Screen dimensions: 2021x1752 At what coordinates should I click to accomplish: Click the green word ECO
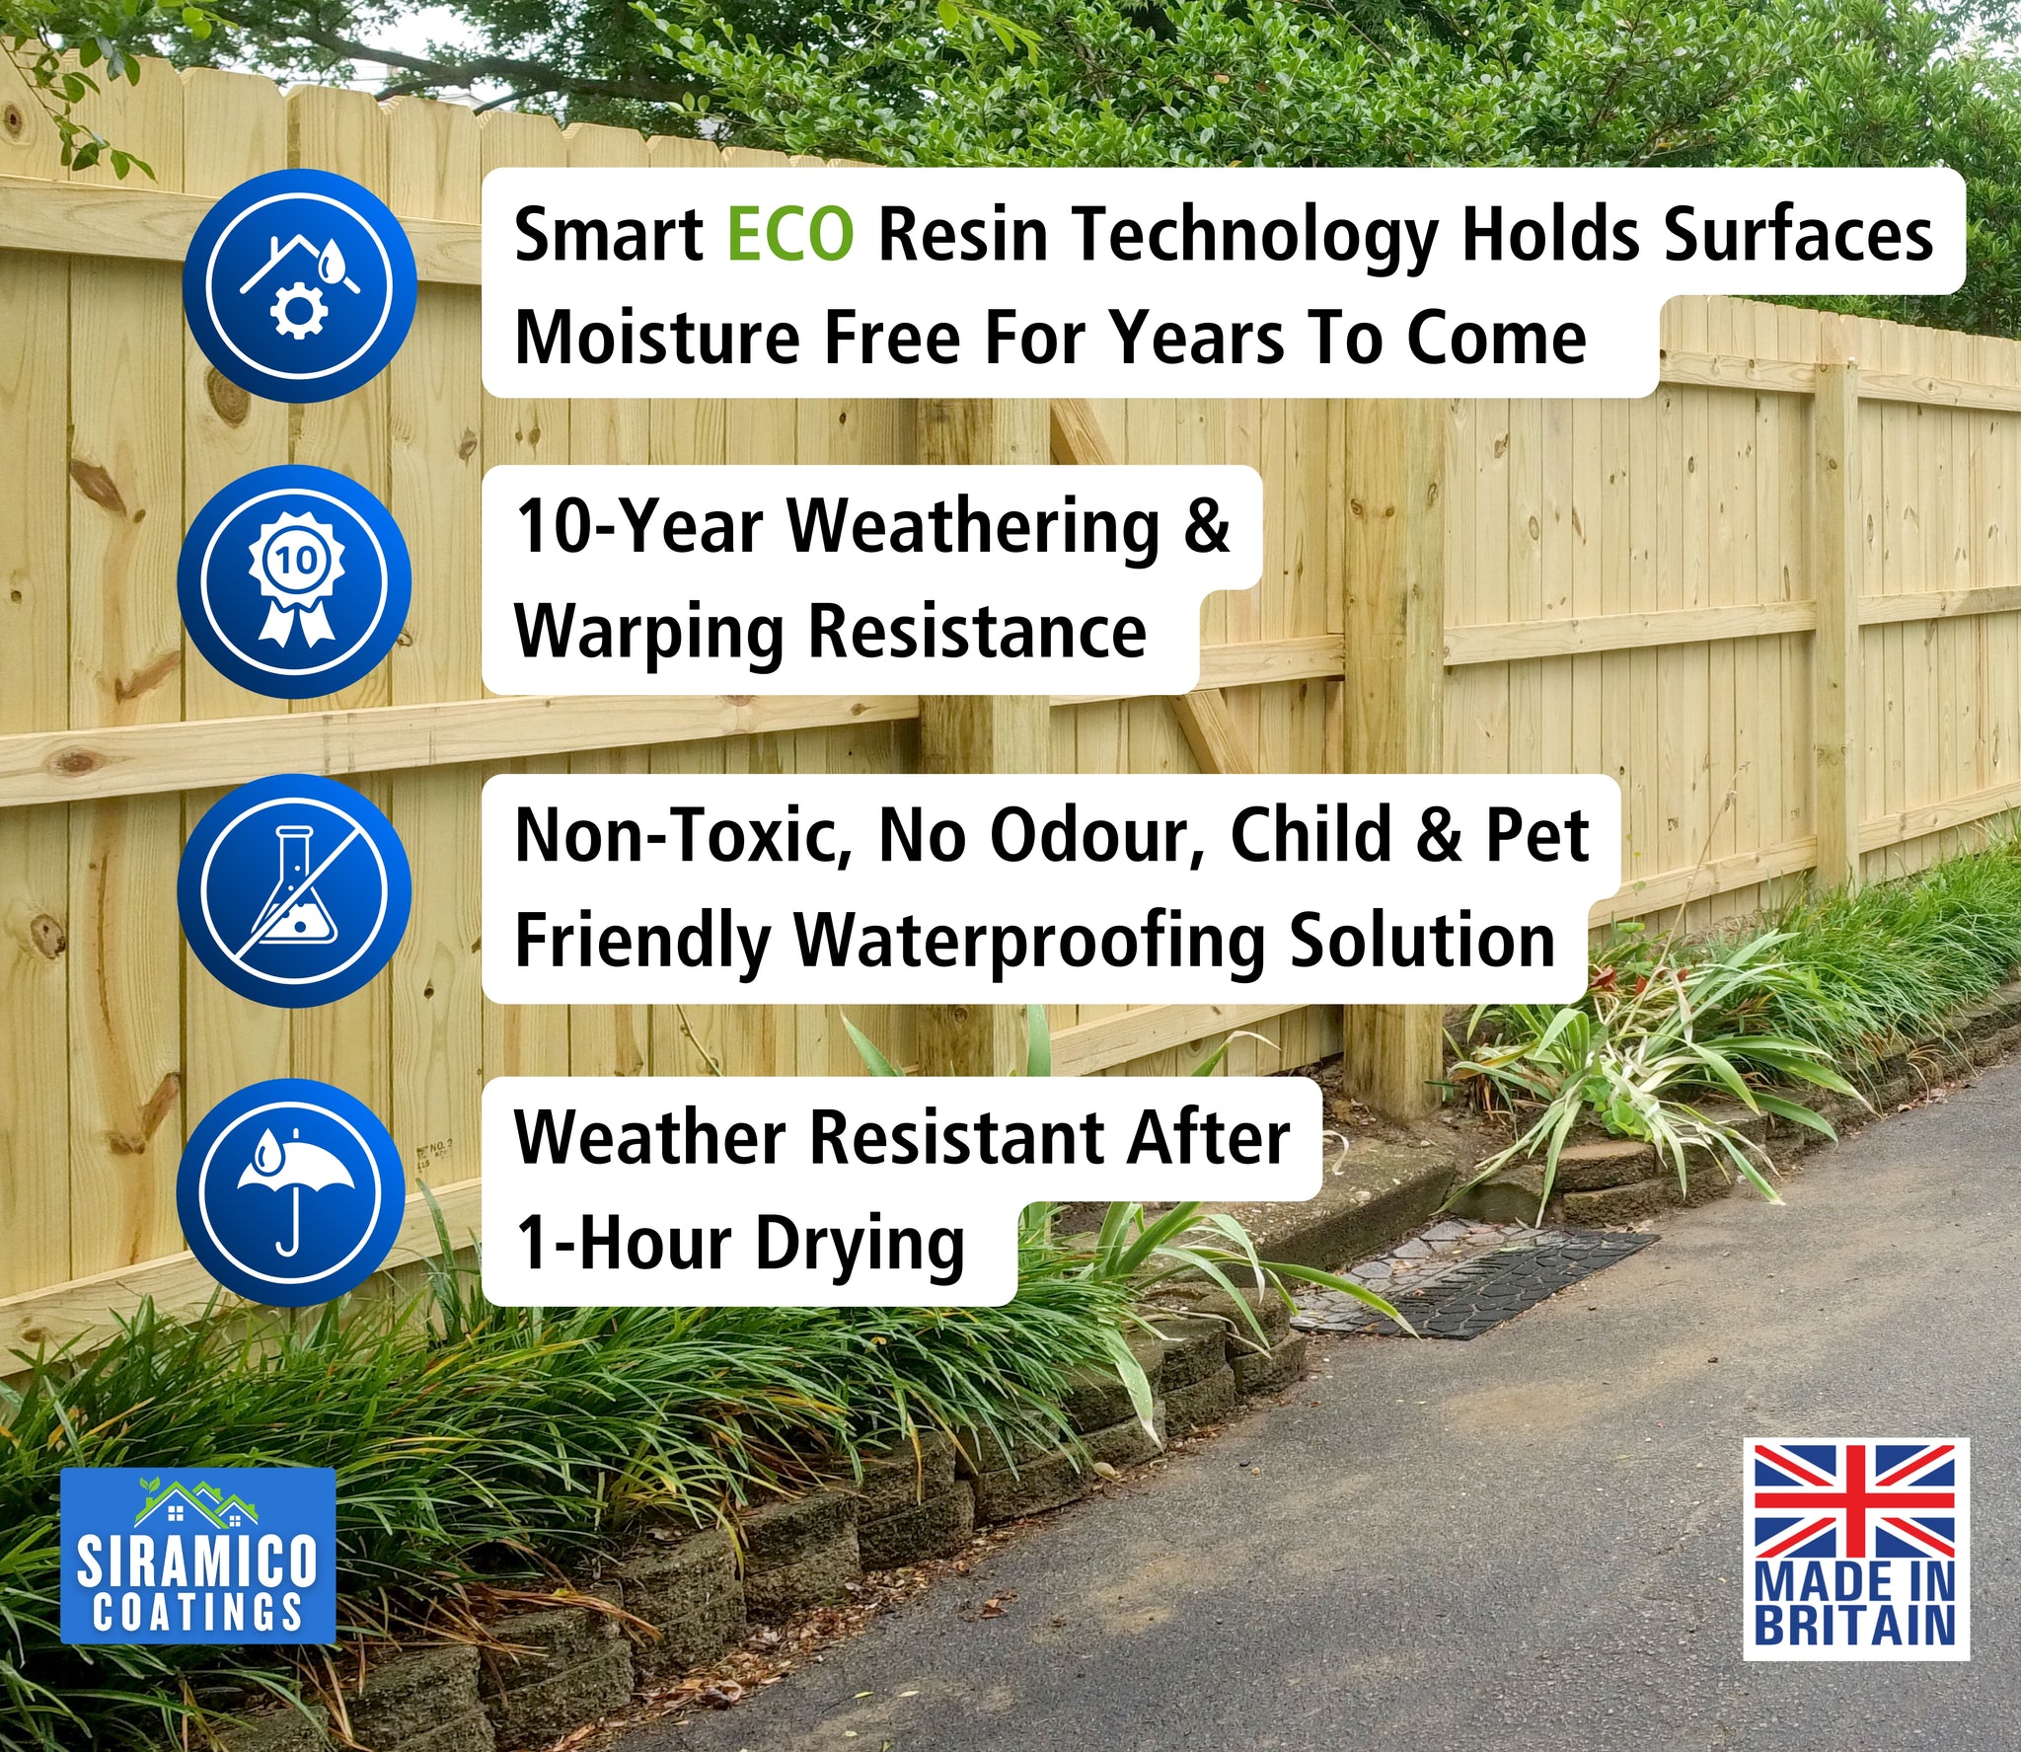(790, 235)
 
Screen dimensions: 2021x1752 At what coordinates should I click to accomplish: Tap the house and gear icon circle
(300, 285)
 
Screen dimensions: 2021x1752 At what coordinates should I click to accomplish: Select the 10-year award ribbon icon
(295, 581)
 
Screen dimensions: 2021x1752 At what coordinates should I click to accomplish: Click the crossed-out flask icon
(294, 890)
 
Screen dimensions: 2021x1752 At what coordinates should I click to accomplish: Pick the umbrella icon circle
(291, 1192)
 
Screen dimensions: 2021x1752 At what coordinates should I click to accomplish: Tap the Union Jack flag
(1854, 1500)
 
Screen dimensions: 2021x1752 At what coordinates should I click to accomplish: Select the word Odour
(1096, 835)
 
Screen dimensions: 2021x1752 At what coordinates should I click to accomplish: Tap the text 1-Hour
(623, 1242)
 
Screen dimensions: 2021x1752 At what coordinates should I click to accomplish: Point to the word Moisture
(657, 338)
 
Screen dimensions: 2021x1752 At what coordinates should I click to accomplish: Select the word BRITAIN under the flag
(1854, 1625)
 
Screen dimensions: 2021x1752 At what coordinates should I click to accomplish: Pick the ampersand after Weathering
(1207, 525)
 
